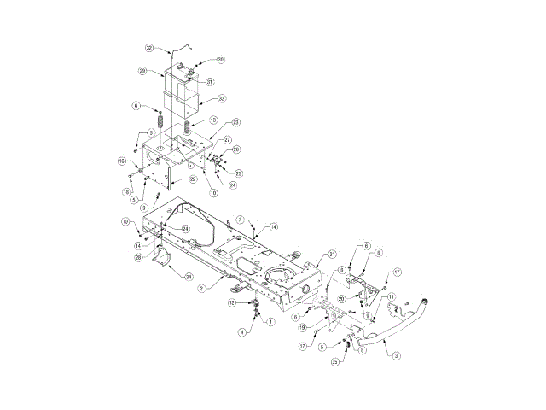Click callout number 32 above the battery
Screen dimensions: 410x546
coord(150,48)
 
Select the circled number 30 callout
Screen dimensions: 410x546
coord(220,60)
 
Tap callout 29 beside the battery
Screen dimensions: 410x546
coord(142,70)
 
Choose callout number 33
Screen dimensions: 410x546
coord(221,99)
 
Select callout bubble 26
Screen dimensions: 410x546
coord(236,149)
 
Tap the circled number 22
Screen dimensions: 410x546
coord(194,179)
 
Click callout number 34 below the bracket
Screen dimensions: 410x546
coord(189,276)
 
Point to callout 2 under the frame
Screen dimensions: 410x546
coord(201,289)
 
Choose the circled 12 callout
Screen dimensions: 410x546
coord(231,302)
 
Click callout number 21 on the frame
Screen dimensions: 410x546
coord(333,254)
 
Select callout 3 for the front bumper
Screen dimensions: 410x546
coord(397,355)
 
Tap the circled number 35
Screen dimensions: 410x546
coord(336,361)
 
